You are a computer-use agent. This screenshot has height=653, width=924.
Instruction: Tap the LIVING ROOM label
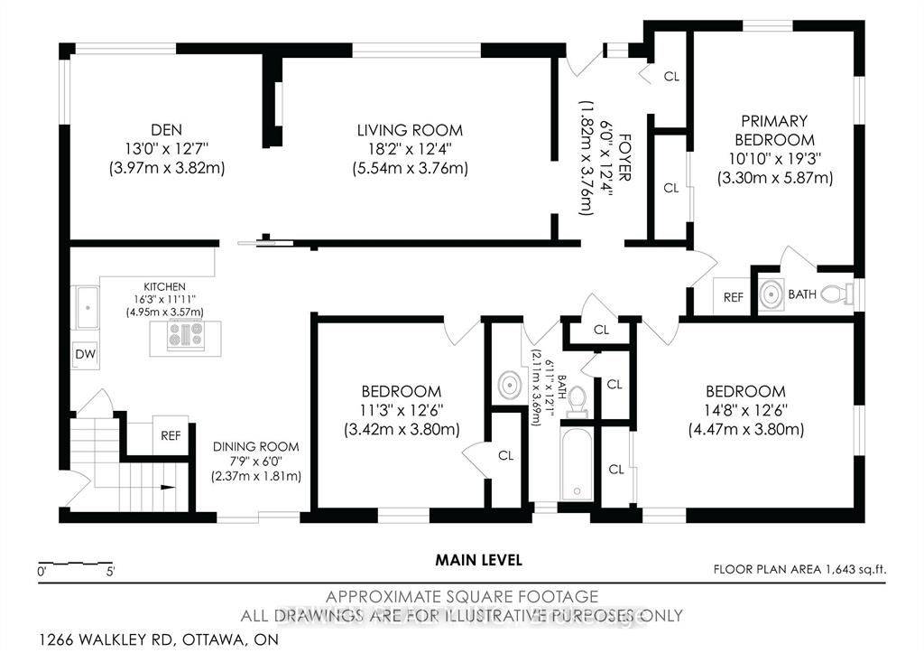(x=410, y=129)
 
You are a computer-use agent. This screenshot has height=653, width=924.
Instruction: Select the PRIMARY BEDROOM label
(x=774, y=129)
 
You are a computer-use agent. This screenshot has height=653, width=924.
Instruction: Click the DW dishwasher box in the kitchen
(x=85, y=353)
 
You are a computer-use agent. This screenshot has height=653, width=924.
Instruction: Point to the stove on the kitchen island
(x=185, y=334)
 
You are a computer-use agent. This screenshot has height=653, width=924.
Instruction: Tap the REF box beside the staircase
(x=171, y=435)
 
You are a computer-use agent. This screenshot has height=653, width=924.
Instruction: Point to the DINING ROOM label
(x=256, y=446)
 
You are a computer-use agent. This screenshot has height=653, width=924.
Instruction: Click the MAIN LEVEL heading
(x=478, y=560)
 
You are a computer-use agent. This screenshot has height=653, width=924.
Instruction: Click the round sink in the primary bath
(x=772, y=294)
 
